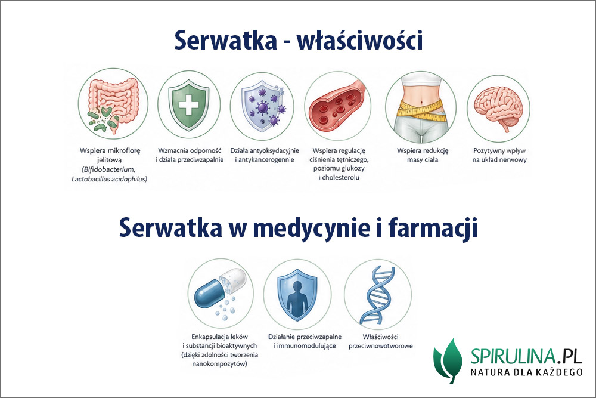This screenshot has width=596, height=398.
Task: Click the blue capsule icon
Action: coord(219,291)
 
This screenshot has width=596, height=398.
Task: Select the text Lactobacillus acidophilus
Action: coord(108,178)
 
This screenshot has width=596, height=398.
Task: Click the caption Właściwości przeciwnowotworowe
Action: coord(375,341)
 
